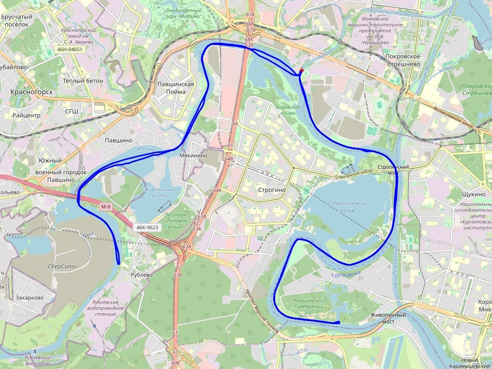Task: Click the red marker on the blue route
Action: pyautogui.click(x=301, y=71)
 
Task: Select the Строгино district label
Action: pyautogui.click(x=272, y=189)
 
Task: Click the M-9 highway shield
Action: pyautogui.click(x=105, y=207)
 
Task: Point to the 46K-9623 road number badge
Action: pyautogui.click(x=147, y=228)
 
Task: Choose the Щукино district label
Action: pyautogui.click(x=472, y=194)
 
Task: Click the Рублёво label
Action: pyautogui.click(x=141, y=275)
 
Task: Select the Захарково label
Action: pyautogui.click(x=30, y=298)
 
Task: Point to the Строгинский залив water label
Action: pyautogui.click(x=346, y=207)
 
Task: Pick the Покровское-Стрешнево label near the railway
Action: pyautogui.click(x=403, y=60)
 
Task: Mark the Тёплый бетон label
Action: pyautogui.click(x=83, y=80)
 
